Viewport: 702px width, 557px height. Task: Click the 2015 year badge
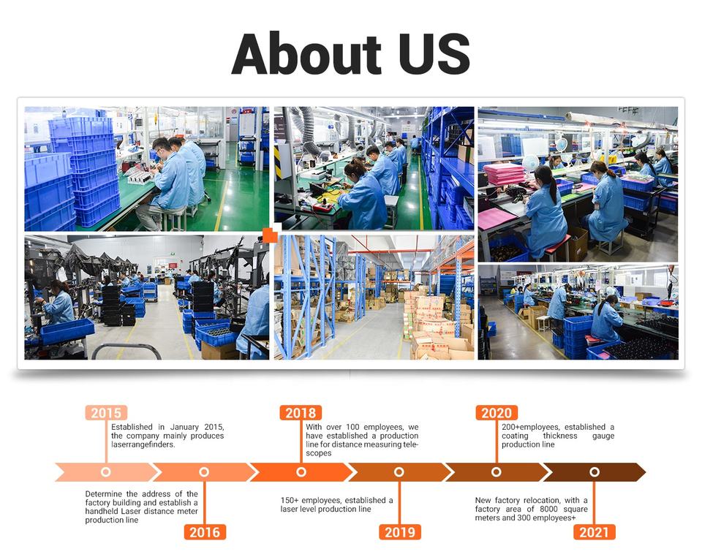tap(106, 412)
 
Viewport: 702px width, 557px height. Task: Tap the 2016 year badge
tap(205, 532)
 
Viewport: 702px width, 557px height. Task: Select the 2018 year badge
tap(301, 412)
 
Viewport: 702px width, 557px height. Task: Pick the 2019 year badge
tap(400, 532)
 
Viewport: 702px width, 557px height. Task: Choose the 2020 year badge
tap(497, 412)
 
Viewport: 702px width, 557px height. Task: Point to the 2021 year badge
tap(595, 532)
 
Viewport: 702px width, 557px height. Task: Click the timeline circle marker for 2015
tap(105, 472)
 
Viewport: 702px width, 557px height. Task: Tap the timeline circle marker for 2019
tap(399, 472)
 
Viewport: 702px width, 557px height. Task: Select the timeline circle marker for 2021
tap(595, 472)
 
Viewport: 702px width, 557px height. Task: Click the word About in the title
tap(306, 54)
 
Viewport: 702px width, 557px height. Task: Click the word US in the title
tap(434, 54)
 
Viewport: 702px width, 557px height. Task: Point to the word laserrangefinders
tap(143, 444)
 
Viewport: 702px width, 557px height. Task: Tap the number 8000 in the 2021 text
tap(548, 509)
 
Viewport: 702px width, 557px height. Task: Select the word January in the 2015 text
tap(184, 427)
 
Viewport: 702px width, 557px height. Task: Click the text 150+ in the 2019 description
tap(290, 500)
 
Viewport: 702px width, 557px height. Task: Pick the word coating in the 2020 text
tap(515, 436)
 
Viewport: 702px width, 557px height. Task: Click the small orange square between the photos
tap(270, 235)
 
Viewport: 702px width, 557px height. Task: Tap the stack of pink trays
tap(504, 173)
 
